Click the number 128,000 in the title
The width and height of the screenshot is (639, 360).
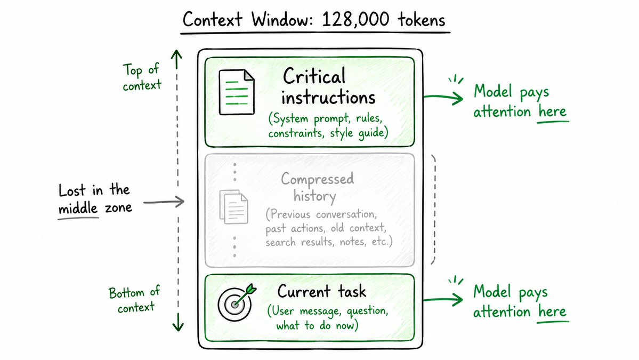pos(354,20)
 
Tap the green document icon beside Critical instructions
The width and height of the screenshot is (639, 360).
pos(237,92)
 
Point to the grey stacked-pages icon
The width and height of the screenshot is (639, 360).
pos(233,207)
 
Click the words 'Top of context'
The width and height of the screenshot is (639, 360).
pos(142,77)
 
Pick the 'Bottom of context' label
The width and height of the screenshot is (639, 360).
pos(135,299)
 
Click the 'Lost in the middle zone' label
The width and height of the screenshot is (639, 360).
pos(95,199)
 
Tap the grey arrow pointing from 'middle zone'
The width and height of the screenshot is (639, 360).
pos(164,202)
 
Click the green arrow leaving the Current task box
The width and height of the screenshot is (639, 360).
pos(443,300)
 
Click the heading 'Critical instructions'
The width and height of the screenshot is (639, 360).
pos(328,86)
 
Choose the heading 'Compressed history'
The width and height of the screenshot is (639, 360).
pos(317,188)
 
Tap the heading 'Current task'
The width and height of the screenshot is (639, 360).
pos(321,292)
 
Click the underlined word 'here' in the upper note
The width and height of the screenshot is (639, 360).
pos(552,111)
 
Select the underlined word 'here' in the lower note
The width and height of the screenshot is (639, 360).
pos(552,312)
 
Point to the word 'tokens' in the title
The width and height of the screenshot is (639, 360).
pos(422,20)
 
